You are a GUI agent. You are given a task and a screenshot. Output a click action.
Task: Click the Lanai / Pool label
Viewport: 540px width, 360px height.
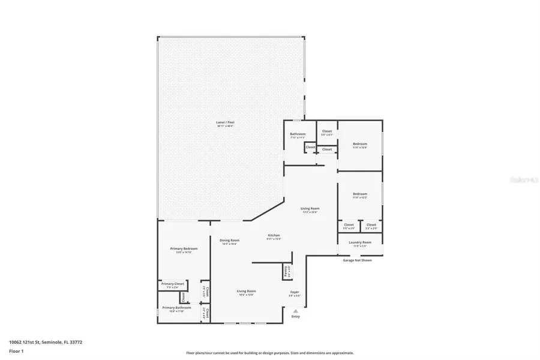[x=225, y=122]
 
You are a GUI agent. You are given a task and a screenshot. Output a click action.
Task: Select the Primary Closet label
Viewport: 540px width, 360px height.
[x=172, y=284]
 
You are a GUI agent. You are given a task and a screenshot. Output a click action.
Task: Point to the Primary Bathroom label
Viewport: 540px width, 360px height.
[x=176, y=308]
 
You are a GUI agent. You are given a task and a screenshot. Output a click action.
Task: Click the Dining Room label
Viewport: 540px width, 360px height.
[x=229, y=240]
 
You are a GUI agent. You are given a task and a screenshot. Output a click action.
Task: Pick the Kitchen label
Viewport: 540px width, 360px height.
[x=274, y=235]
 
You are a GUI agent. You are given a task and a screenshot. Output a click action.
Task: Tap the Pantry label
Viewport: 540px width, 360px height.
[x=286, y=271]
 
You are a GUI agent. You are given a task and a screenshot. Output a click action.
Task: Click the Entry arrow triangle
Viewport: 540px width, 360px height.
[x=295, y=311]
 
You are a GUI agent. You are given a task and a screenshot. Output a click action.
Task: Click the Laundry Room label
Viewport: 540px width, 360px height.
[x=360, y=242]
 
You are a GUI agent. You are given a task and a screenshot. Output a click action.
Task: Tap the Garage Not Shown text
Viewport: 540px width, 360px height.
[x=358, y=260]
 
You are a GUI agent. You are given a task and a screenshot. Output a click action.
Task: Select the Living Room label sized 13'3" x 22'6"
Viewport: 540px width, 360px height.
[x=310, y=209]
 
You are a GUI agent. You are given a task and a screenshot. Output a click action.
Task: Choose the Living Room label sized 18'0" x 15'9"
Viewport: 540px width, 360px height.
[x=246, y=291]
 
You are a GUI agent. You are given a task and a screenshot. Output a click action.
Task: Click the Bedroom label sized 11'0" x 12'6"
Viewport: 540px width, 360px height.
[x=360, y=144]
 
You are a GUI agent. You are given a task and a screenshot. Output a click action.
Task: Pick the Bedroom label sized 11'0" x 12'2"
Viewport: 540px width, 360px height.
[x=360, y=194]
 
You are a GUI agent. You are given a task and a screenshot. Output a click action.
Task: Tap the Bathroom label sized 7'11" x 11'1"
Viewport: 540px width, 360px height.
[x=298, y=134]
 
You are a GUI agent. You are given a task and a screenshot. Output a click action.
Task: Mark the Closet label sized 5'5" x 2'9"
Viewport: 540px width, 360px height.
[x=349, y=225]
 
